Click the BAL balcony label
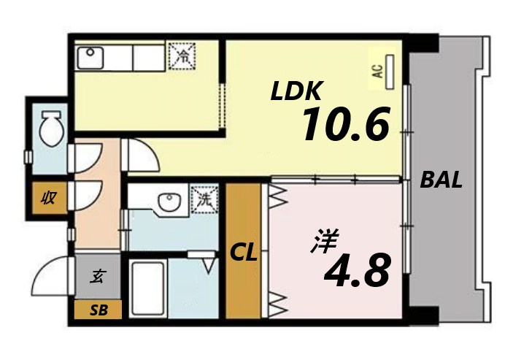[441, 181]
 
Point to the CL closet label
[244, 253]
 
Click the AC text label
[377, 72]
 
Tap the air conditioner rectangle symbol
[390, 71]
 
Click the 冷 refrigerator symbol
[182, 54]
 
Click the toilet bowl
[50, 130]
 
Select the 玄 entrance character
[97, 277]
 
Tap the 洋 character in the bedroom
[321, 242]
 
